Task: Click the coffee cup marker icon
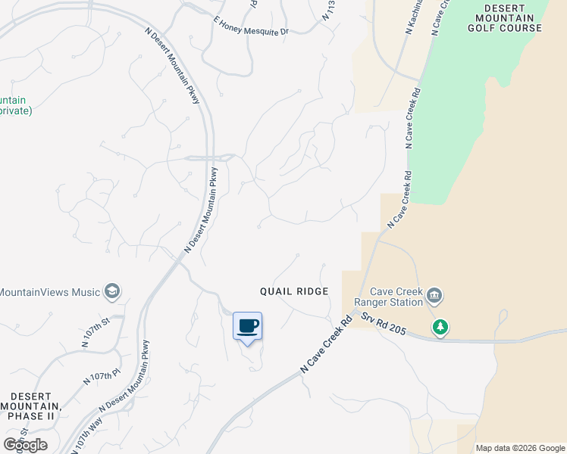(247, 326)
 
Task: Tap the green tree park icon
(440, 328)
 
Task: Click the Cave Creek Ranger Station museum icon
(434, 294)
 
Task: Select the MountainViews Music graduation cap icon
(112, 291)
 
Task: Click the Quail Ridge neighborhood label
(294, 291)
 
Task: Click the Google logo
(25, 444)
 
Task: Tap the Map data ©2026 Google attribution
(520, 448)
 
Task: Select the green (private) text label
(15, 110)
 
